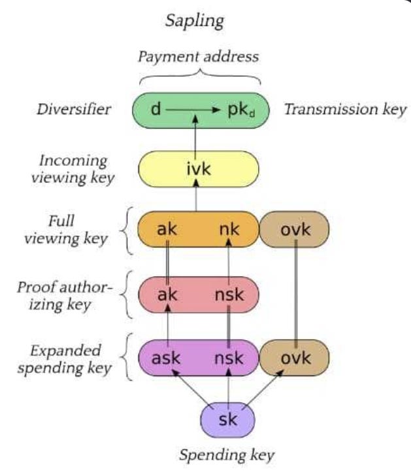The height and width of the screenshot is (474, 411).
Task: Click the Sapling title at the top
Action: pos(195,22)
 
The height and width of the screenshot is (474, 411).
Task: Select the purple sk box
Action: pos(228,420)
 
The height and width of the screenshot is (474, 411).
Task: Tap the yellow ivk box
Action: pos(199,169)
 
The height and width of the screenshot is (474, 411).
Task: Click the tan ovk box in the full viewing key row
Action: pos(294,229)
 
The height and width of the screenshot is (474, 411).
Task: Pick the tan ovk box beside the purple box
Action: pos(294,358)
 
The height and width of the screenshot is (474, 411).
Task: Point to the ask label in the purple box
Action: pos(166,358)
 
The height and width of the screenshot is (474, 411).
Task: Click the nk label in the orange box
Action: pos(229,229)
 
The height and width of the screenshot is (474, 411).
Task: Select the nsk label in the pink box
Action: pos(229,294)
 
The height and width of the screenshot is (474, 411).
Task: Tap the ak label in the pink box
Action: pos(167,294)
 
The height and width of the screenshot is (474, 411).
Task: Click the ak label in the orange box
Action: pos(167,229)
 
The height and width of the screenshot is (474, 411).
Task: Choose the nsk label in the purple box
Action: pos(229,358)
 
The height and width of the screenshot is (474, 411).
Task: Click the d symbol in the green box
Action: pos(156,109)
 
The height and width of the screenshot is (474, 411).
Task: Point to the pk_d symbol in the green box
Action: pos(241,110)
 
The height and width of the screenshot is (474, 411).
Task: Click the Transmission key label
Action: pos(346,110)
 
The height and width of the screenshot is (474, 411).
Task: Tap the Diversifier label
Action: pos(74,109)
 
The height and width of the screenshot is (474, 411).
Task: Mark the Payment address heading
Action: pos(199,57)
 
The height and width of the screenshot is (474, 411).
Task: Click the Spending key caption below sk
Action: pos(227,454)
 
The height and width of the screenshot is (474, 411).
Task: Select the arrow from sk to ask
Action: pos(192,388)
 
